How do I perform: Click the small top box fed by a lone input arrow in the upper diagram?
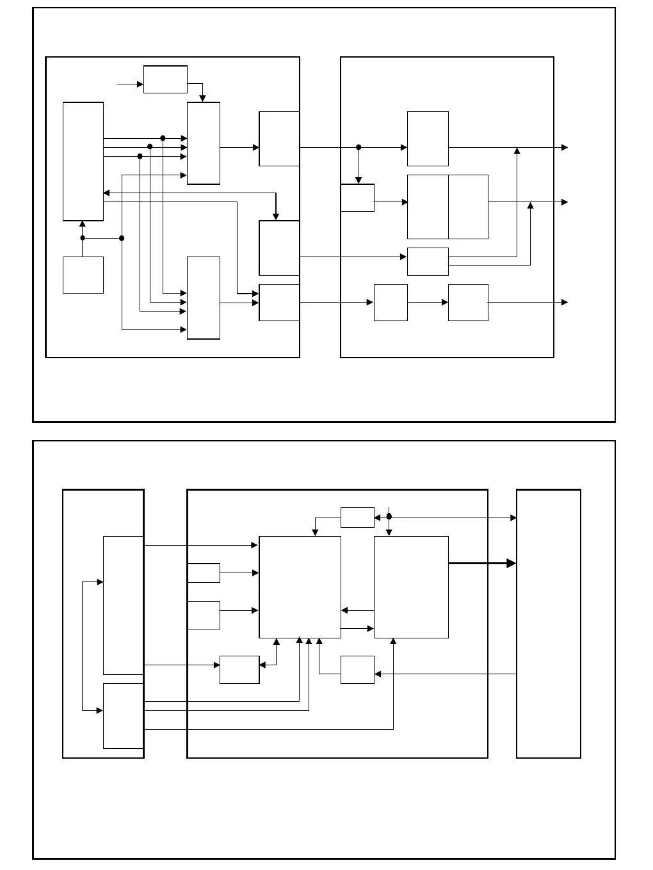[x=165, y=79]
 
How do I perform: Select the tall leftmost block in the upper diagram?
[x=83, y=161]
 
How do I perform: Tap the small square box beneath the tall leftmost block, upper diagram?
[x=83, y=275]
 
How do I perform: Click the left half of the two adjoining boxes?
[x=428, y=207]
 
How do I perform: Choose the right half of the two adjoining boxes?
[x=468, y=207]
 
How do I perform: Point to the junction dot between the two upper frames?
[x=359, y=147]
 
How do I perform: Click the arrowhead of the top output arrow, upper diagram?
[x=565, y=147]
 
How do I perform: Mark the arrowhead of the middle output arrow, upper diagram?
[x=565, y=202]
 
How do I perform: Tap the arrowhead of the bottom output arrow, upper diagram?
[x=565, y=302]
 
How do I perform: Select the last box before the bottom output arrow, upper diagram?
[x=468, y=303]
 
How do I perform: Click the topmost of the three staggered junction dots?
[x=163, y=138]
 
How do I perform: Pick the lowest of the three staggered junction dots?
[x=140, y=156]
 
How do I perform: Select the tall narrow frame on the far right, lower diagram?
[x=549, y=624]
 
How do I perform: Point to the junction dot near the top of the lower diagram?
[x=389, y=517]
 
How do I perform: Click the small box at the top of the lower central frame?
[x=357, y=518]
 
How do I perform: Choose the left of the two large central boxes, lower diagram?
[x=300, y=587]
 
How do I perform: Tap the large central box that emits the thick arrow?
[x=411, y=587]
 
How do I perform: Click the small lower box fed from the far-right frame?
[x=357, y=670]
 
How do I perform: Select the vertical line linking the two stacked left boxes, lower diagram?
[x=83, y=646]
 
